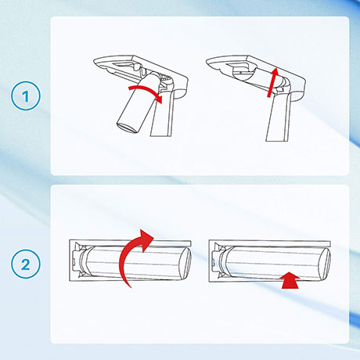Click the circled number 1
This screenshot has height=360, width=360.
[x=26, y=95]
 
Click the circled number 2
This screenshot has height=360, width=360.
[x=26, y=264]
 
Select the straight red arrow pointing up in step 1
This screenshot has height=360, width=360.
[x=273, y=82]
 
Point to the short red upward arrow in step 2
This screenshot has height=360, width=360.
[x=290, y=280]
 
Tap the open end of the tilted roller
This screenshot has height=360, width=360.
[x=128, y=128]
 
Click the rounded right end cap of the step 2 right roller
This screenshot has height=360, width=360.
[x=325, y=263]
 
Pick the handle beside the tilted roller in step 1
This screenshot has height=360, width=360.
[x=163, y=114]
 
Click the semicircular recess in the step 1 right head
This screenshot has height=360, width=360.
[x=243, y=72]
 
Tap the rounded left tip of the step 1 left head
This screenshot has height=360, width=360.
[x=96, y=63]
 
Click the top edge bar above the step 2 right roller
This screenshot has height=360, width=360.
[x=270, y=243]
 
